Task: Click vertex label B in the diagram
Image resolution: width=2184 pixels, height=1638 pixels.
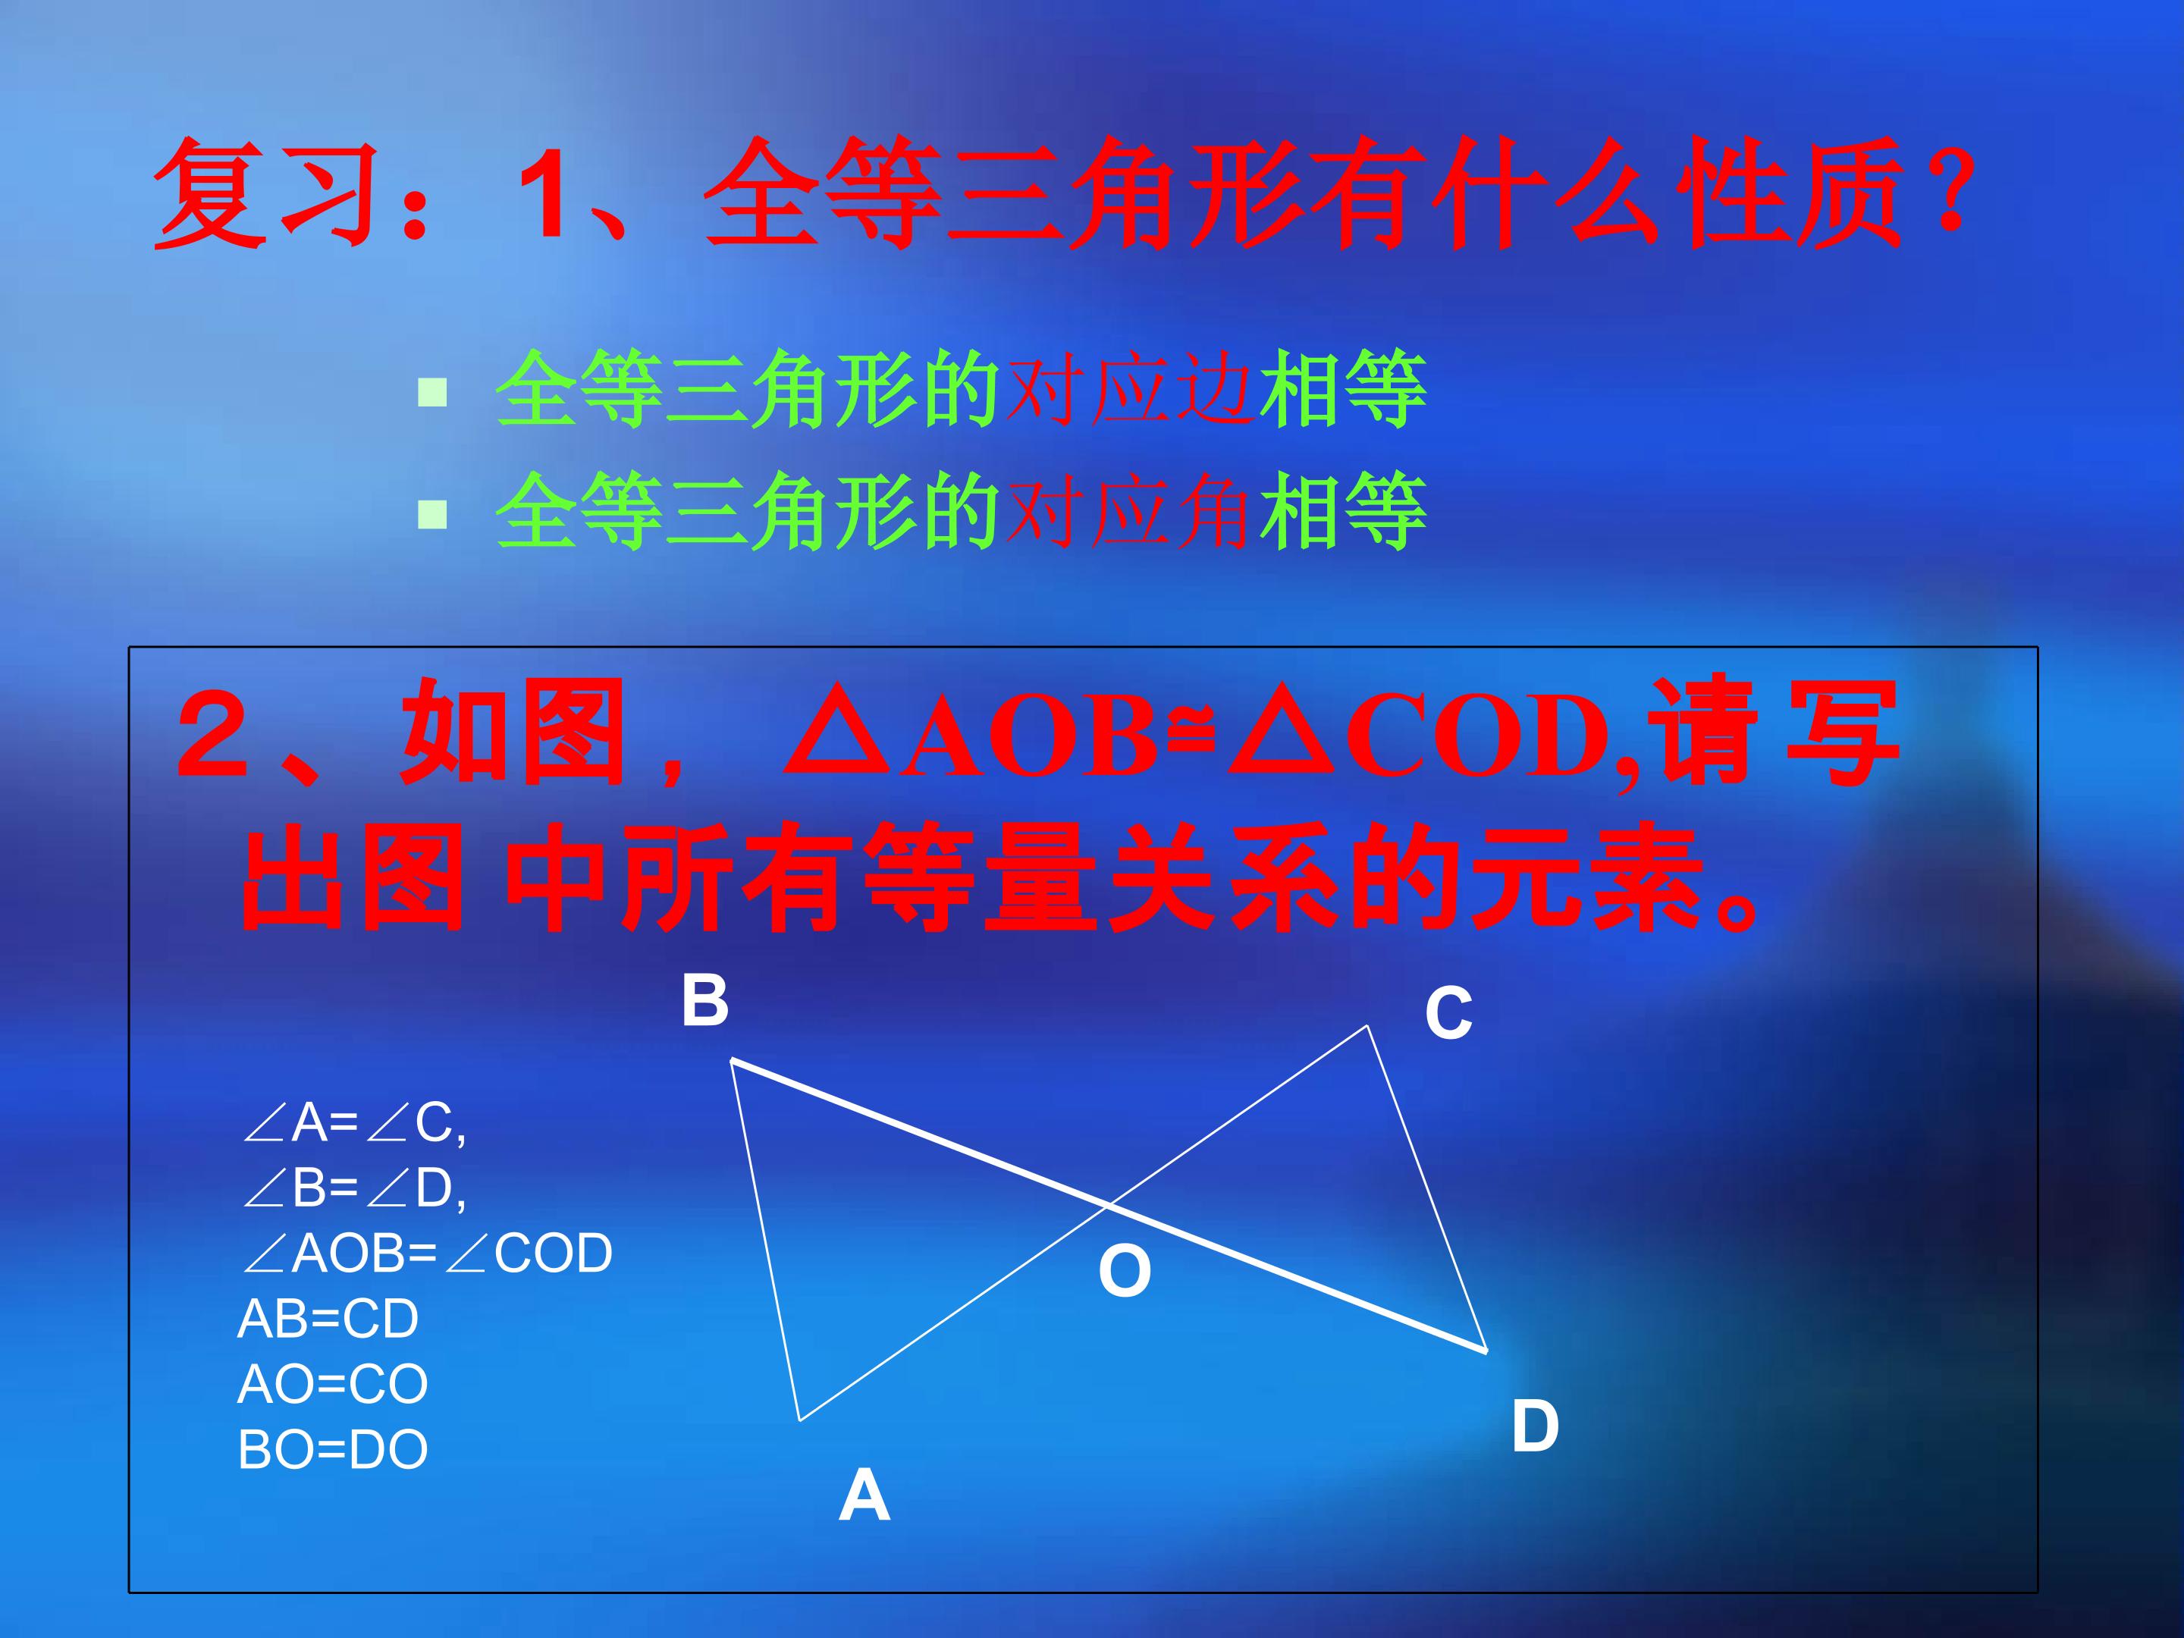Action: pos(705,1000)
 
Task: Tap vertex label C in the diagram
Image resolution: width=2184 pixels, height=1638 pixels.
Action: pos(1448,1014)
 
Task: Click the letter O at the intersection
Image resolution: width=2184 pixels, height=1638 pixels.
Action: pos(1125,1271)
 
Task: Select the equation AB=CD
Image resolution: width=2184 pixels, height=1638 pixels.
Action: pos(328,1319)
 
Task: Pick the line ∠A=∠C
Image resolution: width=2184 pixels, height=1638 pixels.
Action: pos(353,1122)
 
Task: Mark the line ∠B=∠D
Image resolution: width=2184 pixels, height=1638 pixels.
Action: pos(353,1188)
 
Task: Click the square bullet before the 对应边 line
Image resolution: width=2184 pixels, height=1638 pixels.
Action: pos(432,393)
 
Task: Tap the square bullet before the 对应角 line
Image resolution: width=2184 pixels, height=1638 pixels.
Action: pos(432,513)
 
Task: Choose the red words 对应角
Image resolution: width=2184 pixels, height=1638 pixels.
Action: pos(1129,511)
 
